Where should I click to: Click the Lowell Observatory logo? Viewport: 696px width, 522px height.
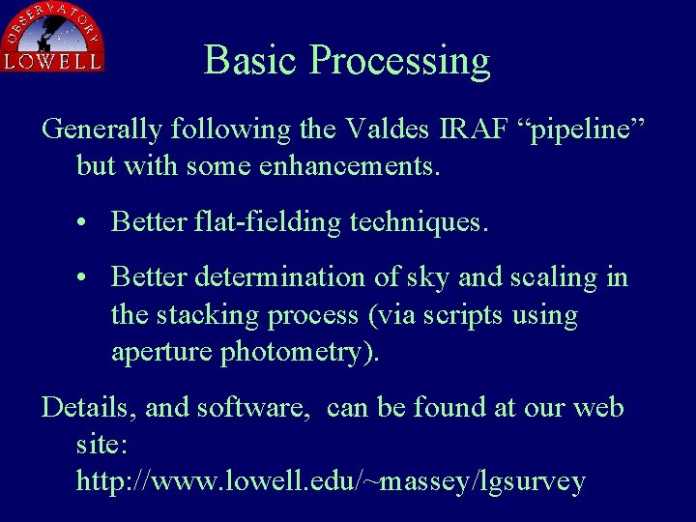(53, 37)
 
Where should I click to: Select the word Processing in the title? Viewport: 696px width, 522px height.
(399, 62)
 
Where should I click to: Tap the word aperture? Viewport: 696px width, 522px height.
(162, 353)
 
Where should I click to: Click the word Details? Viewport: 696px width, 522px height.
(89, 407)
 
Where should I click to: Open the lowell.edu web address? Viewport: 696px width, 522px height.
(331, 481)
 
